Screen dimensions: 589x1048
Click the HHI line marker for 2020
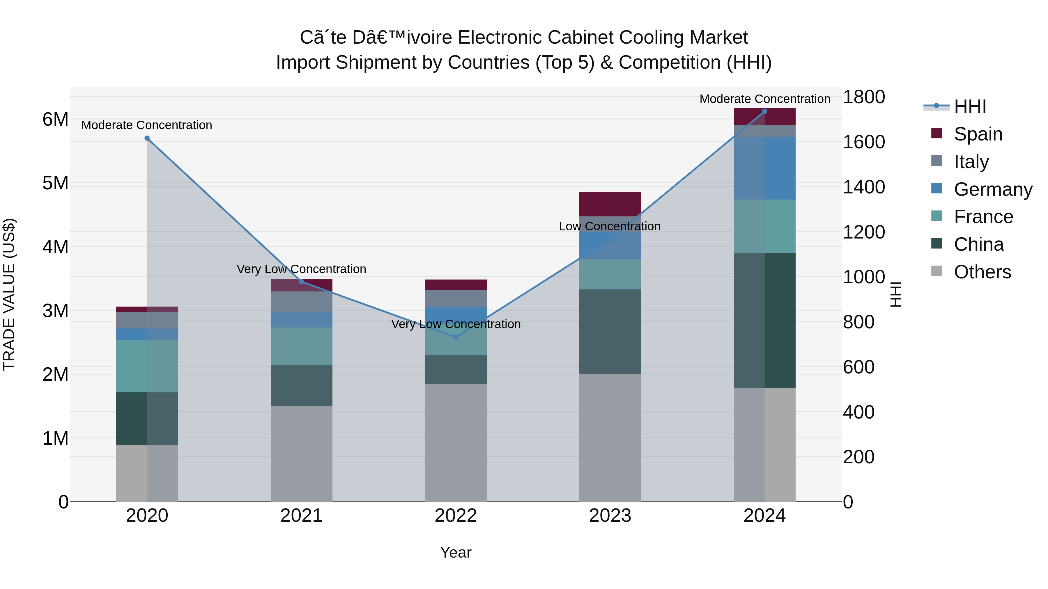tap(147, 138)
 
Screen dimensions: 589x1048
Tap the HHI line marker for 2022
tap(456, 337)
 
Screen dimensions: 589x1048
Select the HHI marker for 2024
tap(764, 111)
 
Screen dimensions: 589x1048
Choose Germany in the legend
tap(992, 189)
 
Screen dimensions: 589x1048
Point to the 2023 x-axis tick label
tap(610, 516)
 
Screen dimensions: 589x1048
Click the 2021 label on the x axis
tap(302, 516)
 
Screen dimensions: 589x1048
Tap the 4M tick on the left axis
tap(55, 247)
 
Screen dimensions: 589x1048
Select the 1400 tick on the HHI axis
tap(863, 187)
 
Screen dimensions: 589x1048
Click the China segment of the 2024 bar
tap(764, 320)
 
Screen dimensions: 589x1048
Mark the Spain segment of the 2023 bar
tap(610, 204)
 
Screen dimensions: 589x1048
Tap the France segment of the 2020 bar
tap(147, 366)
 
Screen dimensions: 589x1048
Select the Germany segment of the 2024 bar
tap(764, 168)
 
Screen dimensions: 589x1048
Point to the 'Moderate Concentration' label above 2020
tap(147, 125)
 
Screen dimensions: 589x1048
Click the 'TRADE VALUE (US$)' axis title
tap(9, 294)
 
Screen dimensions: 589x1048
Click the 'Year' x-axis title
tap(456, 552)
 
